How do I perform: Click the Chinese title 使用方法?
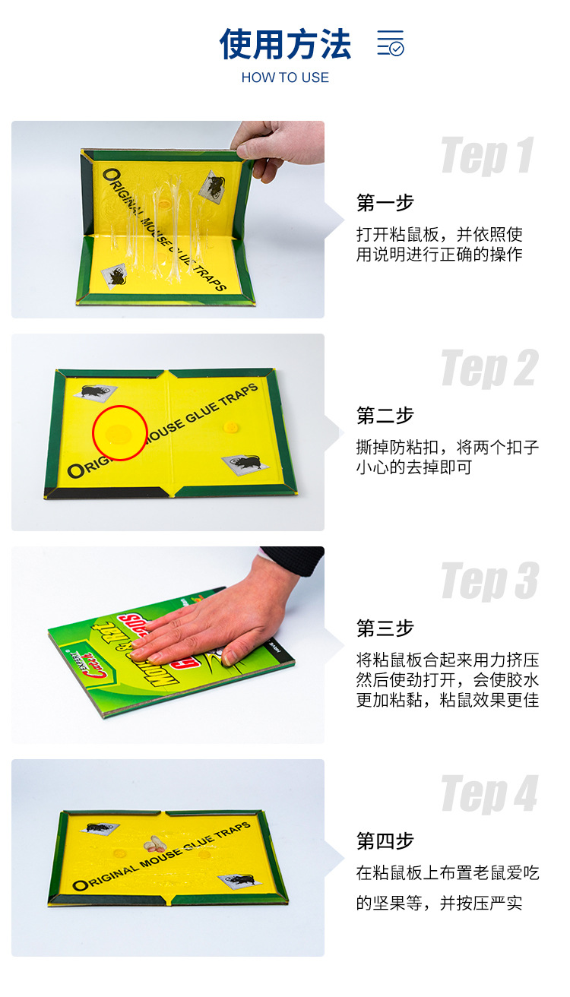[285, 44]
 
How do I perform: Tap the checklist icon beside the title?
[391, 43]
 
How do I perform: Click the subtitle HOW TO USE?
[285, 78]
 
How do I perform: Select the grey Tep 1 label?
[487, 156]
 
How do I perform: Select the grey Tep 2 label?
[489, 369]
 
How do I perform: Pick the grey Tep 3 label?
[489, 581]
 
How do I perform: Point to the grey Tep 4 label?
[489, 794]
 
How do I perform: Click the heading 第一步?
[385, 203]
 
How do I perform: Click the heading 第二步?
[385, 416]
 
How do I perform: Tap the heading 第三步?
[385, 628]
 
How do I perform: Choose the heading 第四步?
[385, 841]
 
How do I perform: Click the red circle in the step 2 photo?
[119, 433]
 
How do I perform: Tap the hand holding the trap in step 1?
[277, 146]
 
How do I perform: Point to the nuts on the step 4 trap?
[156, 843]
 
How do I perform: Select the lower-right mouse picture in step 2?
[246, 463]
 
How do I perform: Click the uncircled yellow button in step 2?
[229, 428]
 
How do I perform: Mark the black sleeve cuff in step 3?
[296, 560]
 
